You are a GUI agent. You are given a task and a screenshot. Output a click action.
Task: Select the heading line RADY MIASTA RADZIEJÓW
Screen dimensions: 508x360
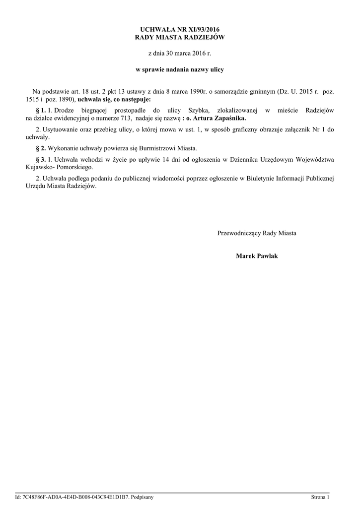(180, 38)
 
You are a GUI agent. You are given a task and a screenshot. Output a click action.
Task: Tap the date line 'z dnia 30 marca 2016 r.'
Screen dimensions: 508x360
(180, 53)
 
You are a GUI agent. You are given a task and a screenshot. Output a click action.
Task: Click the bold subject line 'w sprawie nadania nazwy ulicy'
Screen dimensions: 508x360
(180, 69)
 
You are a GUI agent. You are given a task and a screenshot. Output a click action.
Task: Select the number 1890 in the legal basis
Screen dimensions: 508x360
(67, 99)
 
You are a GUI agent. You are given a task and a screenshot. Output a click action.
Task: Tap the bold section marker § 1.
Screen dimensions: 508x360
(41, 110)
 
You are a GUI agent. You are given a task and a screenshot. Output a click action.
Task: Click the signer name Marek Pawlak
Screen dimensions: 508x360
(257, 255)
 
